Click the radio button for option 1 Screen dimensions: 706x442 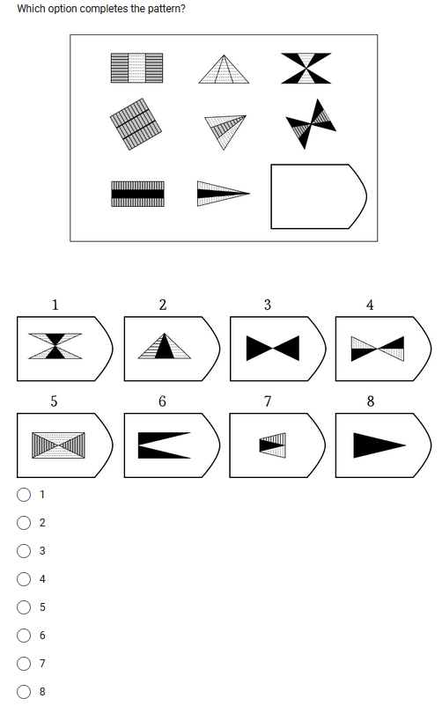coord(23,495)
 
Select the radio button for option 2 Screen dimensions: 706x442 coord(23,523)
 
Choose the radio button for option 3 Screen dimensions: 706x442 coord(23,551)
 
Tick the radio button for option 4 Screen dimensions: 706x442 coord(23,579)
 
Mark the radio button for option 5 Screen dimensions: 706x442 coord(23,607)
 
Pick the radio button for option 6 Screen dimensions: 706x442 coord(23,636)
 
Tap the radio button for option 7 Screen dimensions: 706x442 coord(23,664)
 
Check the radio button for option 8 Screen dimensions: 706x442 coord(23,692)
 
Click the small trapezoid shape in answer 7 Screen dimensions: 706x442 coord(274,445)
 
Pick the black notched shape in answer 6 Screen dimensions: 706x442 coord(164,445)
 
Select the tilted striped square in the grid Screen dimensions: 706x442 coord(136,123)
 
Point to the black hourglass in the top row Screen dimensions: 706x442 coord(306,69)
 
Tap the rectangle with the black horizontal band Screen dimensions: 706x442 coord(136,194)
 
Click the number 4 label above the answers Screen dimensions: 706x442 coord(370,305)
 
